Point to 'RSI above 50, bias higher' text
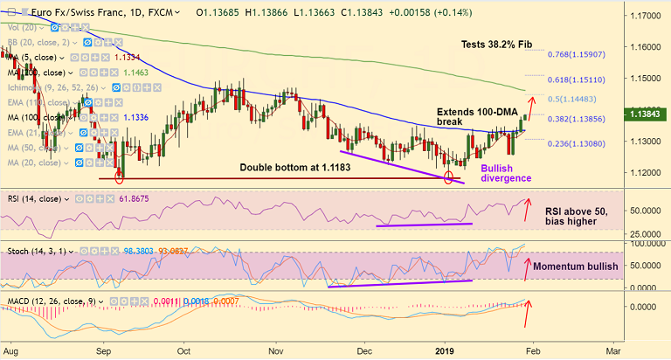pos(582,216)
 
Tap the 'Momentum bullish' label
pos(575,266)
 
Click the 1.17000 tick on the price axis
pos(647,16)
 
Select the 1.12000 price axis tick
pos(647,172)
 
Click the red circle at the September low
pos(119,177)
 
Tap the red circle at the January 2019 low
pos(449,177)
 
